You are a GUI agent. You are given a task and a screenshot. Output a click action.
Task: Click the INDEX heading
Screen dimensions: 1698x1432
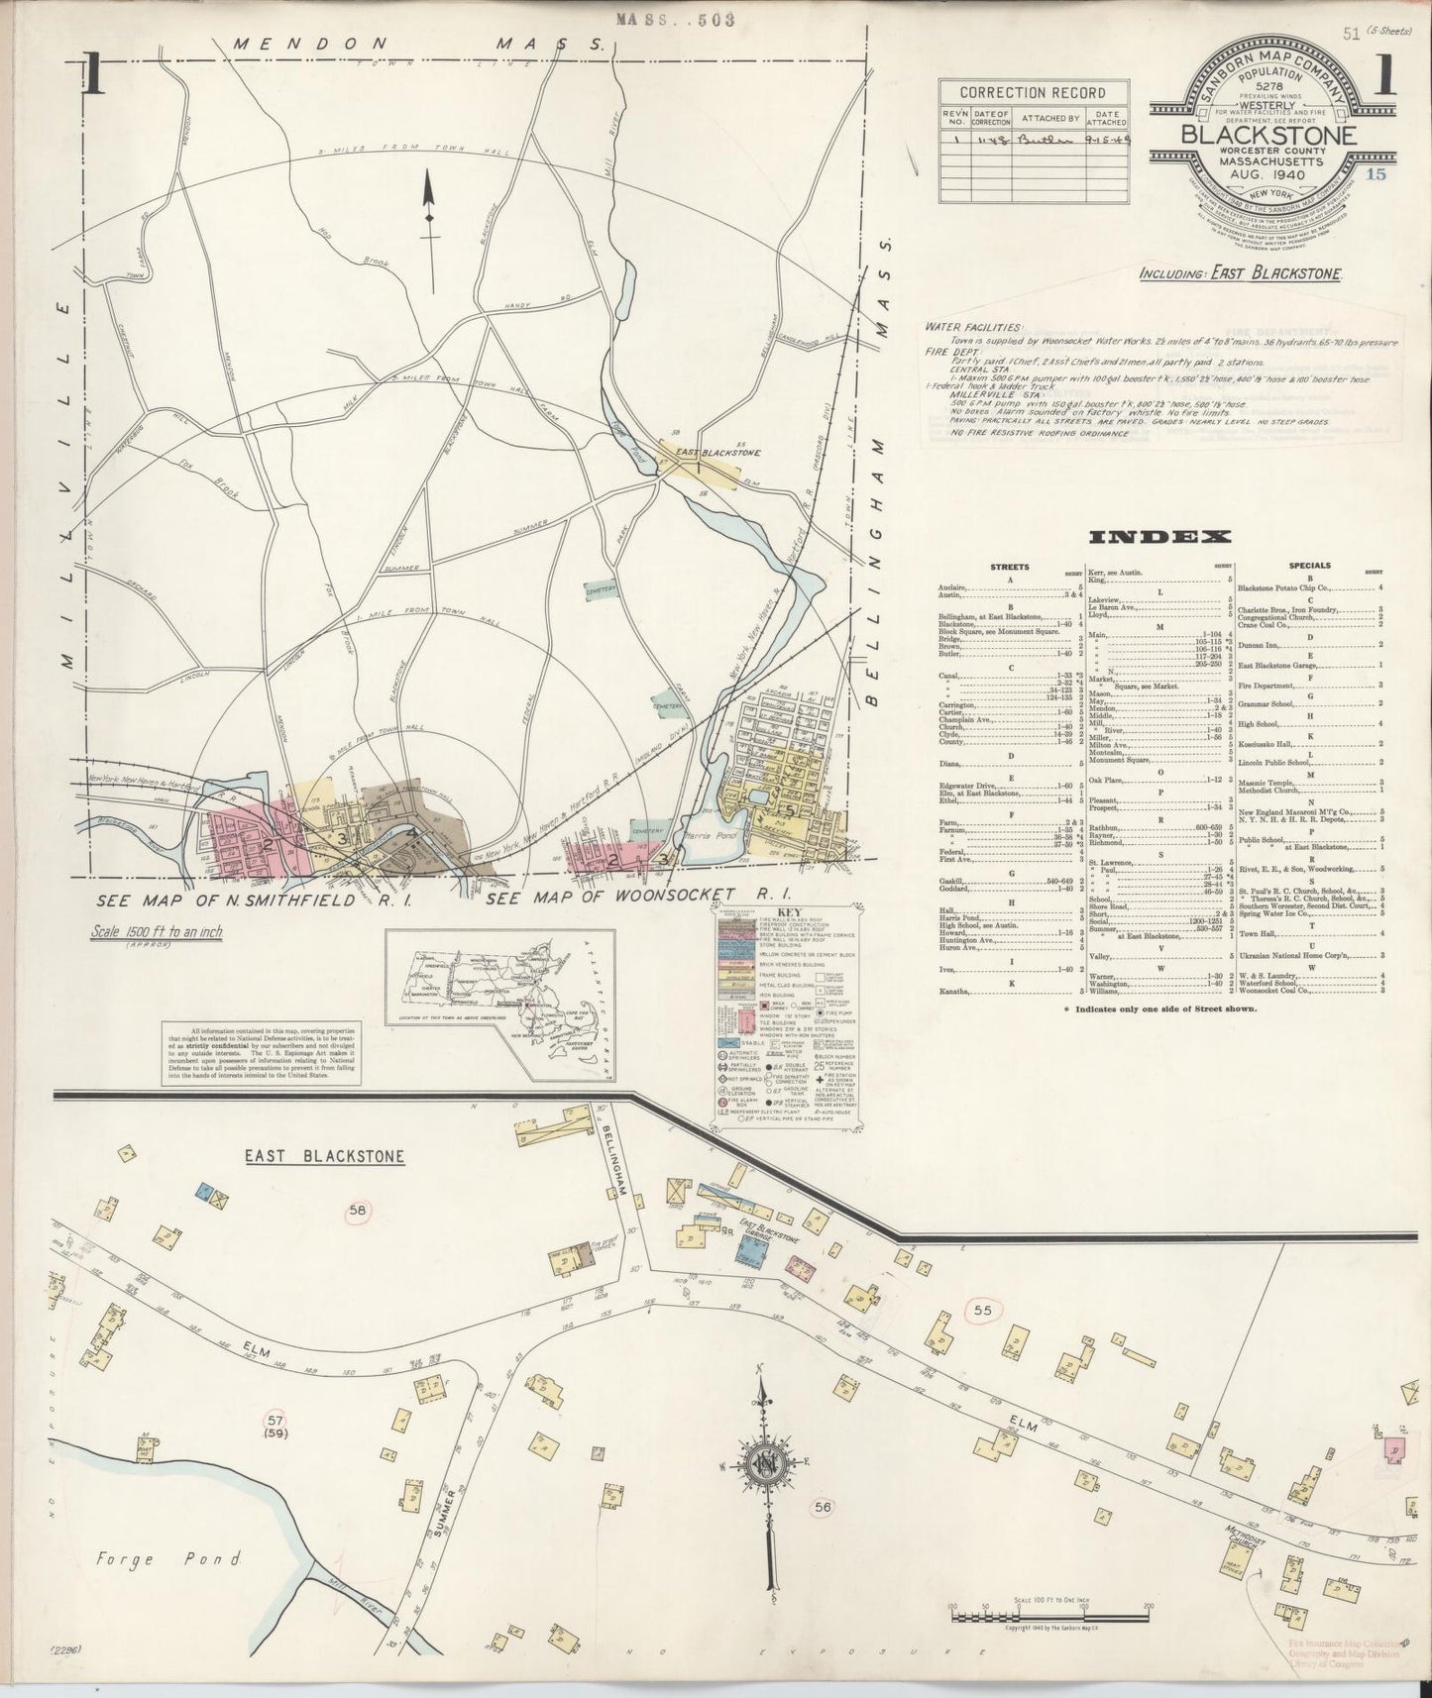[x=1159, y=537]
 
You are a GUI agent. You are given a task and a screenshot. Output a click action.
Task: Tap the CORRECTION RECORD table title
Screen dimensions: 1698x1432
[x=1032, y=92]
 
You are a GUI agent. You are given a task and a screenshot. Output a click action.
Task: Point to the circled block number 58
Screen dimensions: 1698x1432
[x=358, y=1209]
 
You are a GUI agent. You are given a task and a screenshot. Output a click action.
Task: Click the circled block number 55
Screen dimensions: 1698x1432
[x=981, y=1310]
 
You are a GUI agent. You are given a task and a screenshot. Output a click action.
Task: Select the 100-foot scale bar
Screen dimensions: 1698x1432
[x=1049, y=1617]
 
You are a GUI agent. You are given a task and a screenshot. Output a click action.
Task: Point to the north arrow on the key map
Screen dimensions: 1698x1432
[x=429, y=205]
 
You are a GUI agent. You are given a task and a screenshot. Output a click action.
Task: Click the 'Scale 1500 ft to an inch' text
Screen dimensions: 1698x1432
[x=157, y=931]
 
